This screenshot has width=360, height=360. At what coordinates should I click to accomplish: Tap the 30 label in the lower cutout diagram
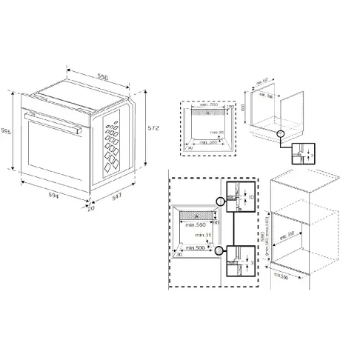click(179, 253)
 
